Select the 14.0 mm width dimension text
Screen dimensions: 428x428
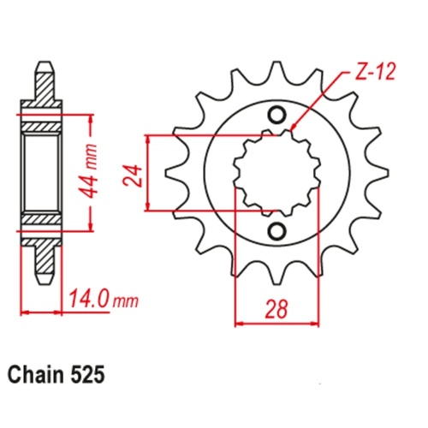coord(100,300)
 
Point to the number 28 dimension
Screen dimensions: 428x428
coord(275,306)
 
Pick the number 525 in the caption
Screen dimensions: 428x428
coord(90,375)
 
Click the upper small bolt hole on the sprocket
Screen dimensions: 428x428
coord(276,115)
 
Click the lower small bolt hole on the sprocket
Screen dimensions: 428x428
coord(276,230)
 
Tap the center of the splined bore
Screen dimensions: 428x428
coord(276,172)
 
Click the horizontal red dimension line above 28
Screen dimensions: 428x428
coord(275,324)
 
